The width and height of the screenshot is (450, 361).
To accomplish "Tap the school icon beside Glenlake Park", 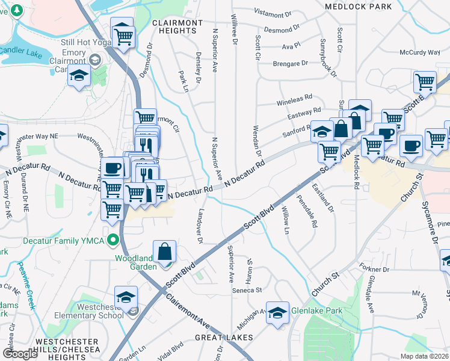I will point(278,313).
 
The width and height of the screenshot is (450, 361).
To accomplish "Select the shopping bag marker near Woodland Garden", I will point(165,253).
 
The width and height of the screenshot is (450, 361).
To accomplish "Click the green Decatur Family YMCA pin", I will point(112,241).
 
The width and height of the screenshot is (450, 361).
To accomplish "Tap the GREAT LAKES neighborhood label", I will point(224,338).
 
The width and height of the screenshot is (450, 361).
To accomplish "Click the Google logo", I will point(20,354).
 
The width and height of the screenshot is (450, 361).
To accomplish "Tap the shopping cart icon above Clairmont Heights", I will point(123,35).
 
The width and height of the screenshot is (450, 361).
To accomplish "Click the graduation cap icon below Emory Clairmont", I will point(79,76).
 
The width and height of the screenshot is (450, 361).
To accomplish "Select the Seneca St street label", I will point(247,290).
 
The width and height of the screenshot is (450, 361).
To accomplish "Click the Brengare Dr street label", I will point(290,63).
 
